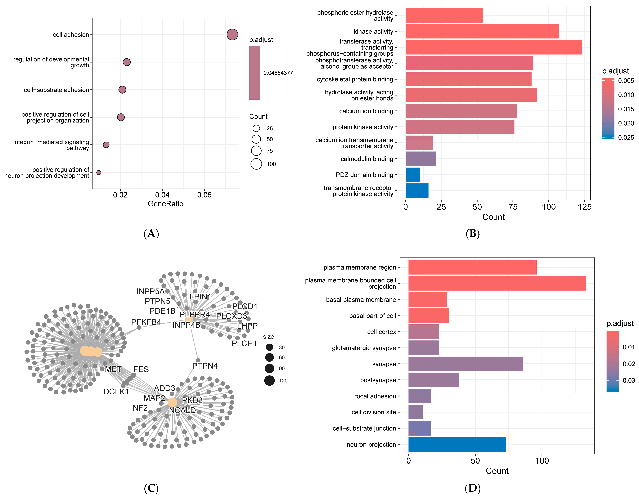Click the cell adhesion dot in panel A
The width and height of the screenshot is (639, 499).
pos(232,34)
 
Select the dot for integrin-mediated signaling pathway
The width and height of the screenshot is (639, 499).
pos(106,145)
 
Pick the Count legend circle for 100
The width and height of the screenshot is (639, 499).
pos(256,164)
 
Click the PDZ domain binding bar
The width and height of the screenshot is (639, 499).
pos(413,175)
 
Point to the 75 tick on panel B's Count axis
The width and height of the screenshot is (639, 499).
pos(513,207)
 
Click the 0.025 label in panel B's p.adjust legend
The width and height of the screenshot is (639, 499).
pos(626,137)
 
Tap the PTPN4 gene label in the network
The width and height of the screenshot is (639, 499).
pos(205,366)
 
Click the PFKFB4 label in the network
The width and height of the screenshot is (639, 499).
pos(146,322)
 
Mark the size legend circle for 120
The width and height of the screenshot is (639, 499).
pos(269,381)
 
